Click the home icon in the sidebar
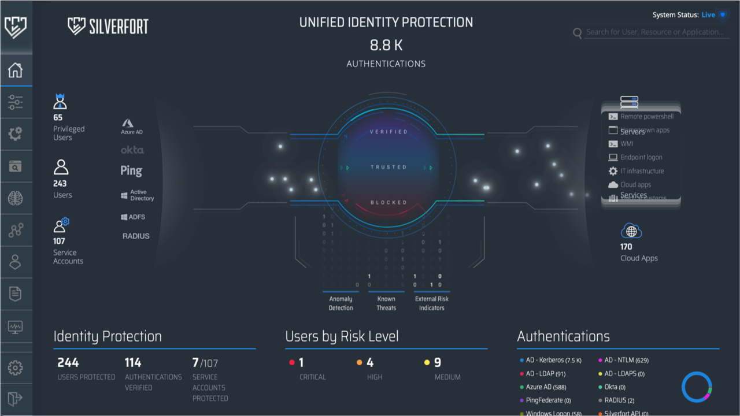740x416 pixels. coord(15,70)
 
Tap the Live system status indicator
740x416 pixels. coord(708,15)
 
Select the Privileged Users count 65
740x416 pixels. coord(58,117)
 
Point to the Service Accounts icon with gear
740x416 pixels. coord(61,225)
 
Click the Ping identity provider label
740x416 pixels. coord(131,170)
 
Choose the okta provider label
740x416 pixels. coord(132,150)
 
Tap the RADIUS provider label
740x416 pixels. coord(136,236)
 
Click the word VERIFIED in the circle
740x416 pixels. coord(388,132)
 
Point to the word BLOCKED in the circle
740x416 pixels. coord(388,202)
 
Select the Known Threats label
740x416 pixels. coord(386,303)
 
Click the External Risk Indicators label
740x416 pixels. coord(432,303)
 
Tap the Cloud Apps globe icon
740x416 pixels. coord(631,231)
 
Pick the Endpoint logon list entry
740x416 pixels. coord(641,157)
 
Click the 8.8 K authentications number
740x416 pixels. coord(386,45)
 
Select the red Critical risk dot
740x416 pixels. coord(292,363)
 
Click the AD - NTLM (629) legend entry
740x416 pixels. coord(626,361)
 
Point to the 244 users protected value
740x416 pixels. coord(68,363)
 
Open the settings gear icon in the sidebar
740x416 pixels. coord(15,367)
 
